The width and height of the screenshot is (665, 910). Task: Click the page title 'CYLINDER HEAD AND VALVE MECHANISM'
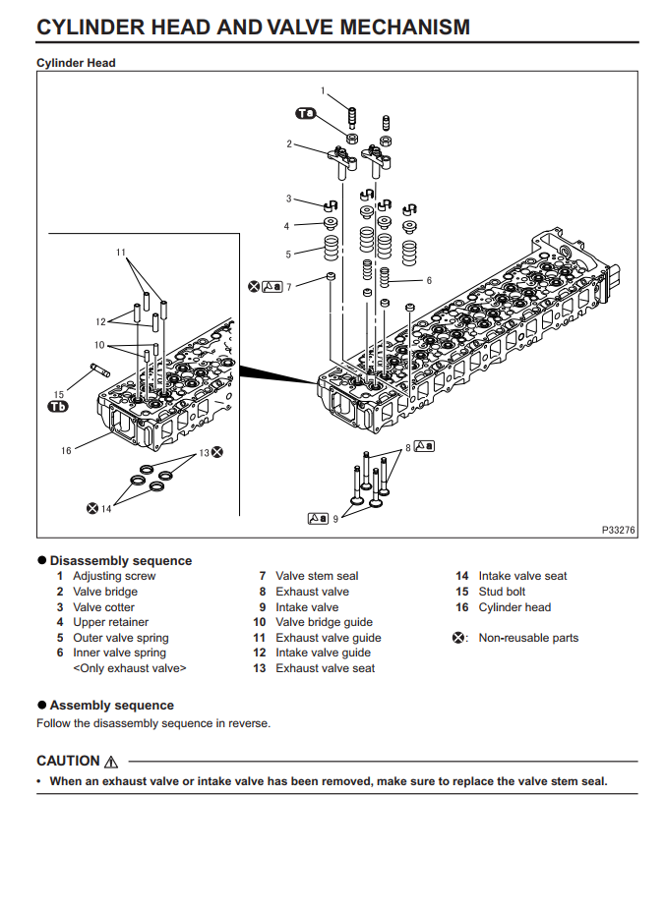(x=253, y=27)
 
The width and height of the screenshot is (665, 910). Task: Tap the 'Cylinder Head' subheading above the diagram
(x=76, y=63)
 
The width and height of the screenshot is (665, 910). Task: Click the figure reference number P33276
(x=619, y=530)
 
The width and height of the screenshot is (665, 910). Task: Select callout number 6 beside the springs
(x=429, y=280)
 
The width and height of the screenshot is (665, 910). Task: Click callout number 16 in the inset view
(x=66, y=450)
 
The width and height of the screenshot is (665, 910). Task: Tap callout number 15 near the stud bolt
(x=59, y=394)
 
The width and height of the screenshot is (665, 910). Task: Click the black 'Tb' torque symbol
(x=59, y=407)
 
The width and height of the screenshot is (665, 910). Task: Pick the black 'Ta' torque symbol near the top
(x=306, y=114)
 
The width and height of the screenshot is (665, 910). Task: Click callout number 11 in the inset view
(x=121, y=253)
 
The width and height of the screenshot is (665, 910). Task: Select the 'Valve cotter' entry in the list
(x=103, y=607)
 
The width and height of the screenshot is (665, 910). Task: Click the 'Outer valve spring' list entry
(x=120, y=638)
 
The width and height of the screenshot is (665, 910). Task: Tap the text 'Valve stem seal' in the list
(x=317, y=576)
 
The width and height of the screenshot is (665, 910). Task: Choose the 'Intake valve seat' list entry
(x=522, y=576)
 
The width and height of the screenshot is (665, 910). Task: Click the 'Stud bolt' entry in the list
(x=502, y=592)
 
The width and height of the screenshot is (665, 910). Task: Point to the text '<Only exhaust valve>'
(x=129, y=668)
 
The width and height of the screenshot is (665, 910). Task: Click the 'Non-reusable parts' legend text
(x=528, y=638)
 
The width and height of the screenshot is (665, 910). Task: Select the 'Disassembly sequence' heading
(x=121, y=560)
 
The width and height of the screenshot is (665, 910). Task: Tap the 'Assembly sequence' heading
(x=111, y=705)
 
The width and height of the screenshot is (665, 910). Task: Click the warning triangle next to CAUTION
(x=110, y=762)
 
